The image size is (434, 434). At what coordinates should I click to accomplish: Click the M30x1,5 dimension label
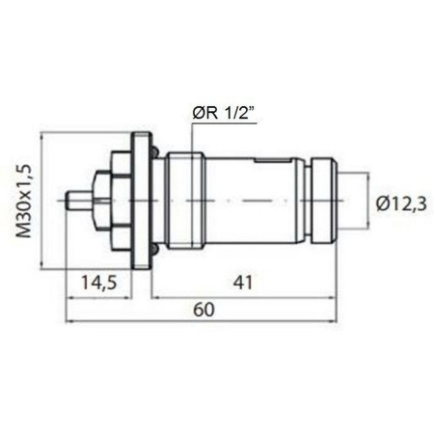click(27, 200)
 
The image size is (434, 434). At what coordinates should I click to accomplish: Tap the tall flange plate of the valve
click(141, 201)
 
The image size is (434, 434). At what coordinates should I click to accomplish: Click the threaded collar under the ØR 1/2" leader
click(182, 201)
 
